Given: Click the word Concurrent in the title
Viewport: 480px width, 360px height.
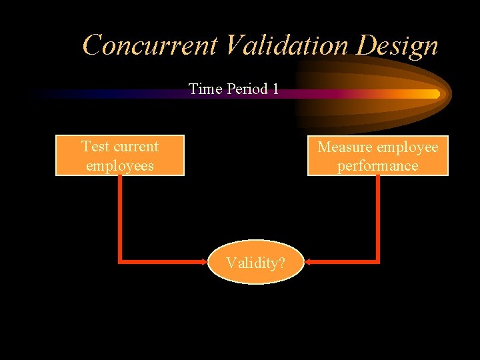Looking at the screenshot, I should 150,45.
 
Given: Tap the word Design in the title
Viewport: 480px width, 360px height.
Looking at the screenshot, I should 398,45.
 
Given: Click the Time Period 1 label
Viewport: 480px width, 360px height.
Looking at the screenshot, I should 233,89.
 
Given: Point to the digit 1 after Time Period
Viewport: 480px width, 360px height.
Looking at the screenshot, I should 275,89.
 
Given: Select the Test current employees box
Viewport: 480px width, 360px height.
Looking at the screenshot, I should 120,156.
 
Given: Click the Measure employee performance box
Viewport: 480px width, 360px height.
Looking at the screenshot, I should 377,156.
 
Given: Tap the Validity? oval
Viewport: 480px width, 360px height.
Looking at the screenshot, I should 255,263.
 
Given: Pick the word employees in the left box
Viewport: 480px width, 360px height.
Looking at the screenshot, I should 120,165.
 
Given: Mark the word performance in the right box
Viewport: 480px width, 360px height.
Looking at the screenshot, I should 377,165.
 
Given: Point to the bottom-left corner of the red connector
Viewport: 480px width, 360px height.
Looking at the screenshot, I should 120,261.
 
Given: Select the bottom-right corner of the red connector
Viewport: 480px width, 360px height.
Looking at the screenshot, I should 378,261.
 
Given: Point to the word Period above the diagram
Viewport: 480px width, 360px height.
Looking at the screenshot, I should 246,89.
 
